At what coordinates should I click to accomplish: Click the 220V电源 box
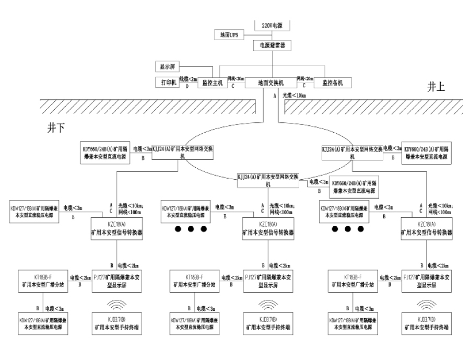pyautogui.click(x=271, y=24)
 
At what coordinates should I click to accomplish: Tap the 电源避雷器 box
pyautogui.click(x=271, y=45)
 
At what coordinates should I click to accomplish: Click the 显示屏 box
pyautogui.click(x=170, y=67)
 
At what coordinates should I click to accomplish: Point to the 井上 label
pyautogui.click(x=436, y=88)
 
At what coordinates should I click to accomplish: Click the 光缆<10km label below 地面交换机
pyautogui.click(x=295, y=96)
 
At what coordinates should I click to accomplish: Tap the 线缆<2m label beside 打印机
pyautogui.click(x=187, y=78)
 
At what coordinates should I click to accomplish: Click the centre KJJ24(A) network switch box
pyautogui.click(x=269, y=181)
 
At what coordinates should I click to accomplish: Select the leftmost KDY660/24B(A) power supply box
pyautogui.click(x=105, y=152)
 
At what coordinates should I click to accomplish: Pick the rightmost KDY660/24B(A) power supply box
pyautogui.click(x=428, y=152)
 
